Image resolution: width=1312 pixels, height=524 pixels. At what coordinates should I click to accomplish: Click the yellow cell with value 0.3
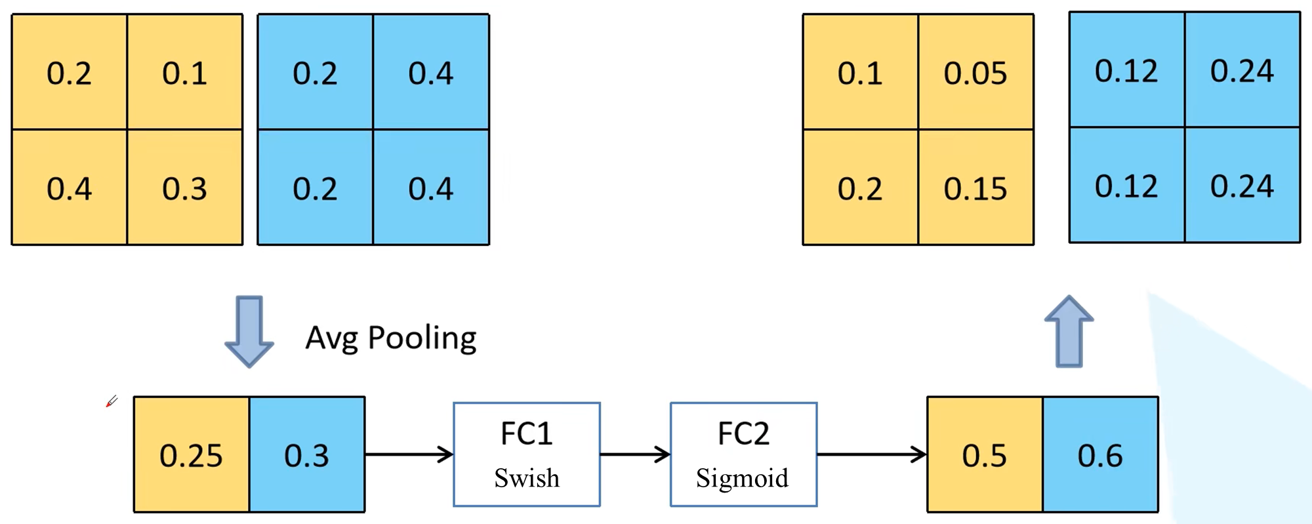point(184,188)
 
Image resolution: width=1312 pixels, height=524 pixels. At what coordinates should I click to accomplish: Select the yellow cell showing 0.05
point(975,73)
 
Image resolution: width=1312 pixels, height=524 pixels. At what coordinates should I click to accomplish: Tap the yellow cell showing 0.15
point(975,188)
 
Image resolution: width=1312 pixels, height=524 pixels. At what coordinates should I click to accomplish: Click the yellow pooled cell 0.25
point(191,454)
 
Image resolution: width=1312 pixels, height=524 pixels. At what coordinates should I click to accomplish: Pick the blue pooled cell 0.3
point(307,454)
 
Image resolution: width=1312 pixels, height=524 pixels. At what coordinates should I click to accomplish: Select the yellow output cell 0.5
point(984,454)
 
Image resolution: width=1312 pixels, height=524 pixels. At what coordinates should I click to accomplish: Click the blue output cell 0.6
point(1100,454)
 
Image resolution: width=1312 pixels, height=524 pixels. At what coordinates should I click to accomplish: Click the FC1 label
point(526,433)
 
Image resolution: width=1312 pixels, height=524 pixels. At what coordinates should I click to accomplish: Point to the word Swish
point(527,478)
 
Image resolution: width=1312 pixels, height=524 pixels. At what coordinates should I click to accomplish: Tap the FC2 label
point(743,433)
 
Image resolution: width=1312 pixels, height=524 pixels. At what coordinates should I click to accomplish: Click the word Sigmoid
point(743,478)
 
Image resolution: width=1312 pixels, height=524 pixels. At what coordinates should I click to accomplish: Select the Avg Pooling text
point(391,338)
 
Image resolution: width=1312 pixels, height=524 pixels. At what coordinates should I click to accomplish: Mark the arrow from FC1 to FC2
point(634,454)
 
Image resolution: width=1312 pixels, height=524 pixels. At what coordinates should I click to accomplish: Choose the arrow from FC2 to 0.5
point(871,454)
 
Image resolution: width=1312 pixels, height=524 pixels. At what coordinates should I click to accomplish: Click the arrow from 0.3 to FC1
point(409,454)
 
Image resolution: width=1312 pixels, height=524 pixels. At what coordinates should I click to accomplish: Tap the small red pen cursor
point(112,401)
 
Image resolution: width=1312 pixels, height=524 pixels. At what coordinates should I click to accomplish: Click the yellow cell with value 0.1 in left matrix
point(184,73)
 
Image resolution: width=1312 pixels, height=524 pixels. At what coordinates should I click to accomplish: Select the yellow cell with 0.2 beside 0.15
point(859,188)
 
